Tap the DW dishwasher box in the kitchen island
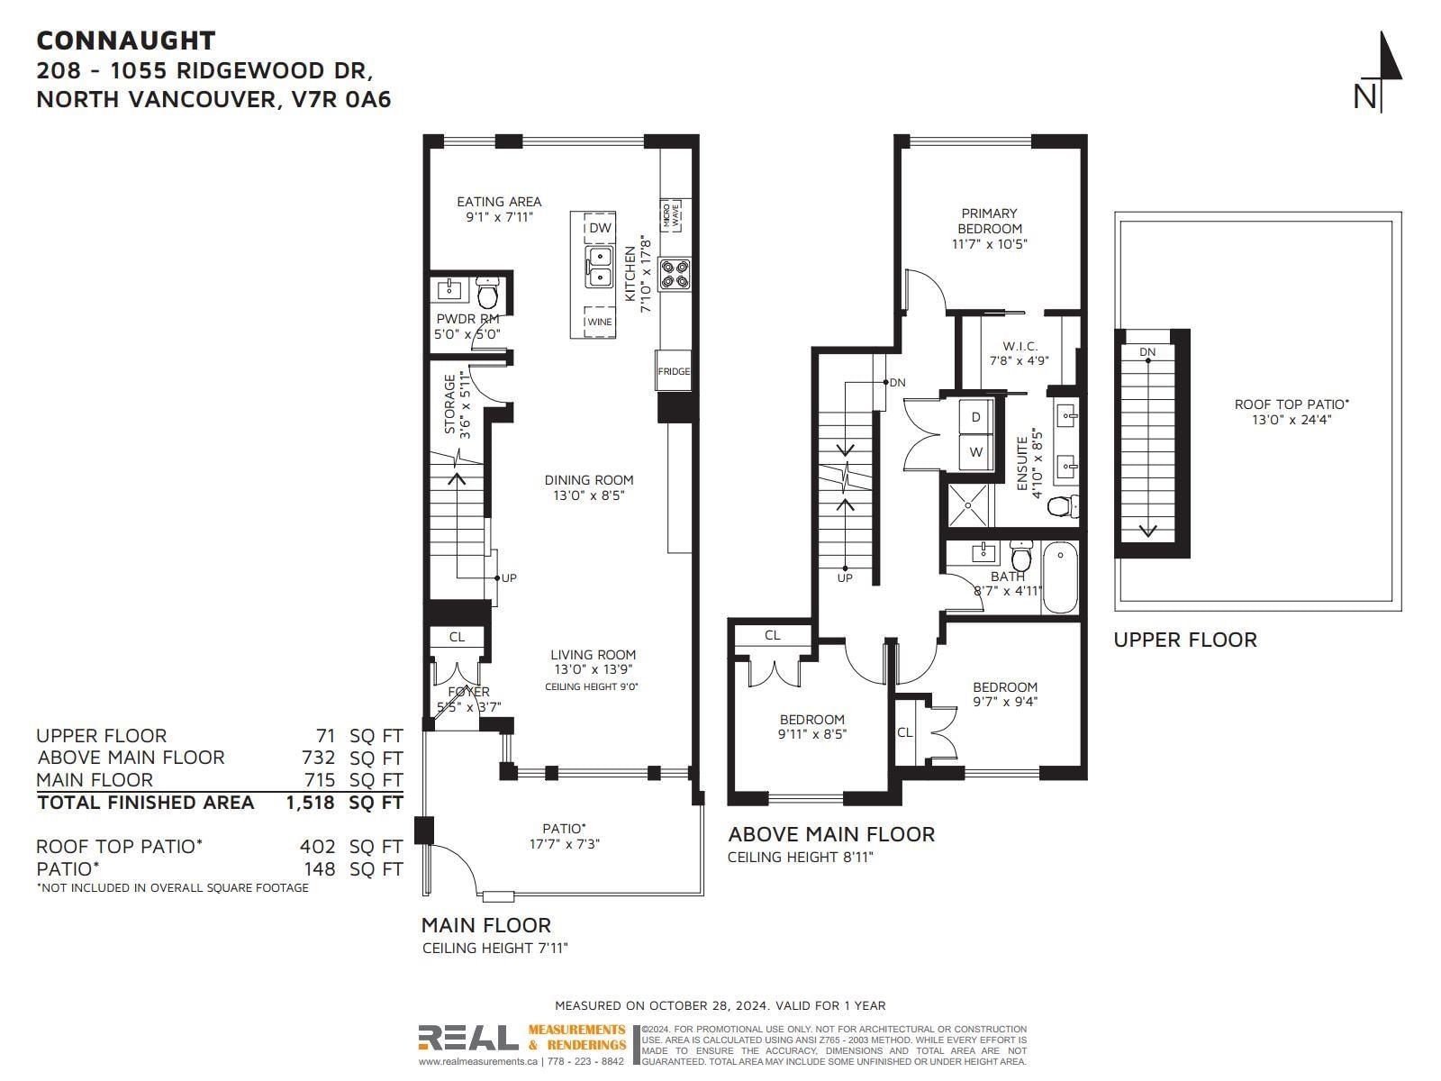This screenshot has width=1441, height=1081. pos(600,228)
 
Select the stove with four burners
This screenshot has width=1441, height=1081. pos(675,275)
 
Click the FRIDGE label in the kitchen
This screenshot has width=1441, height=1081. pos(674,371)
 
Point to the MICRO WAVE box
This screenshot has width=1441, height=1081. pos(671,215)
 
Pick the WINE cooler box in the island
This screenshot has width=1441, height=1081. pos(600,322)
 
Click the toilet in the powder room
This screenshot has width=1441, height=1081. pos(487,293)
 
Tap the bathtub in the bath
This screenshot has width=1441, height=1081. pos(1059,577)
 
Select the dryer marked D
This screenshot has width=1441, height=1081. pos(976,417)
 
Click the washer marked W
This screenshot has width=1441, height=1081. pos(976,452)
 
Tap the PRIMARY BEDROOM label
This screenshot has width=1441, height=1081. pos(989,222)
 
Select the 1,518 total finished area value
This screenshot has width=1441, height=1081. pos(310,803)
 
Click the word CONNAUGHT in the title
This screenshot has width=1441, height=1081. pos(126,41)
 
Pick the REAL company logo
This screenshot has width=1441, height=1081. pos(468,1038)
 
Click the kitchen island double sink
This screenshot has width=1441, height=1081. pos(600,268)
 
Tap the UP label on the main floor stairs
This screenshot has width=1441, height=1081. pos(509,578)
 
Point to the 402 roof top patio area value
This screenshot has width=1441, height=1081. pos(318,847)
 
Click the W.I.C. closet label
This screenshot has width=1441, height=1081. pos(1020,346)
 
